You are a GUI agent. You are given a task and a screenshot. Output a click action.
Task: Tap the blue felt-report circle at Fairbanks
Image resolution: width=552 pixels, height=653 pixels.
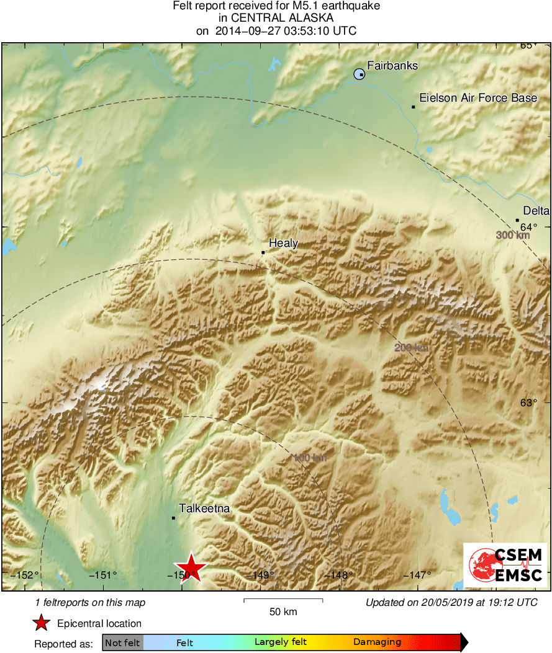[359, 74]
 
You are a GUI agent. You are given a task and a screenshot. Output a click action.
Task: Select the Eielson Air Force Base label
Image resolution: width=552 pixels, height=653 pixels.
[478, 98]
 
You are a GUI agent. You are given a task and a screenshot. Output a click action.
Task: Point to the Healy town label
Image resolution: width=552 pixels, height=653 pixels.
[283, 244]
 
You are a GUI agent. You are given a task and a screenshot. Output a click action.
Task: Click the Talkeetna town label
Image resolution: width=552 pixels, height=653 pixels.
[204, 509]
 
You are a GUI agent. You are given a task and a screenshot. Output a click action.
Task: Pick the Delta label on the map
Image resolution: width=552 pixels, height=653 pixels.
[536, 211]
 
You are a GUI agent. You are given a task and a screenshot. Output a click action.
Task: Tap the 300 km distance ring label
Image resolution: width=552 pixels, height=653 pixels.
[513, 236]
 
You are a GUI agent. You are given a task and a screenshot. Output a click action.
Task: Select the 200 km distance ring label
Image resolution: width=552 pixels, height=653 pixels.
[412, 348]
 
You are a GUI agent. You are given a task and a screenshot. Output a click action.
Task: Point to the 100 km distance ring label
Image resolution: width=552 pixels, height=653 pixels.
[310, 458]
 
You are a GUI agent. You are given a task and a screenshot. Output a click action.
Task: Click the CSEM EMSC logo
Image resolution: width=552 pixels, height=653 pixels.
[505, 565]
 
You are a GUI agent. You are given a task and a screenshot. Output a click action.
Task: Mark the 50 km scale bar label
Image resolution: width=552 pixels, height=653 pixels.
[283, 611]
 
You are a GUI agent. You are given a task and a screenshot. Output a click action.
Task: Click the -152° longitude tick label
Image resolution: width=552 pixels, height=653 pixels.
[25, 575]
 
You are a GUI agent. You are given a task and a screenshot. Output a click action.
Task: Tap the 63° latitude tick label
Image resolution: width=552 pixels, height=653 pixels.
[528, 402]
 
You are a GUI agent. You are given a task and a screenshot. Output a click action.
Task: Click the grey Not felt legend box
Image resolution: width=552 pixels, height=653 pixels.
[123, 642]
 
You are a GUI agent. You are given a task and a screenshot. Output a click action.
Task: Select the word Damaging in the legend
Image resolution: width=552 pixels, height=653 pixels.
[378, 642]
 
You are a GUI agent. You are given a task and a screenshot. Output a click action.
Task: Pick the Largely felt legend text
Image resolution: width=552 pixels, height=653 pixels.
[281, 642]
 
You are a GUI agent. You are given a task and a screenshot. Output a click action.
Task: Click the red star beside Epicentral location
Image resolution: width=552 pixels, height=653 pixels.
[42, 623]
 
